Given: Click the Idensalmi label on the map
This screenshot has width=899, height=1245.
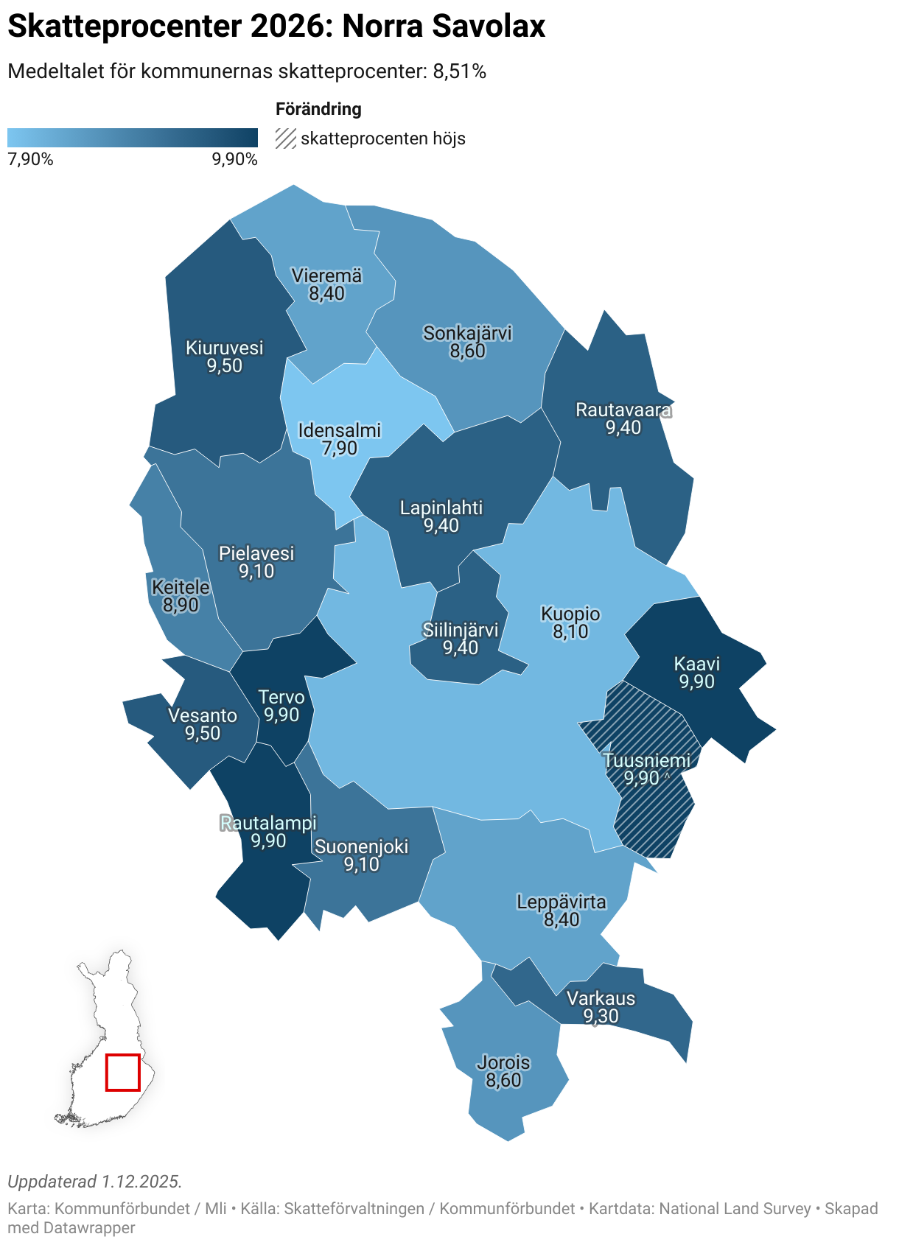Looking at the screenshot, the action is click(x=339, y=430).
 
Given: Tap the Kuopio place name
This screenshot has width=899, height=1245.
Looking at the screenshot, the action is click(x=570, y=614).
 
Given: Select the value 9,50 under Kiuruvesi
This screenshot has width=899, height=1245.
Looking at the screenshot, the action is click(x=224, y=366).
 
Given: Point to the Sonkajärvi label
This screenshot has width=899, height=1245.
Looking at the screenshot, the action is click(x=467, y=333).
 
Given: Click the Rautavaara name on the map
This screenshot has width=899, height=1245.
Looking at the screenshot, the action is click(x=623, y=410).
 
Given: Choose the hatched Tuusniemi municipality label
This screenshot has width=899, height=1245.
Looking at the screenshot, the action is click(x=647, y=760).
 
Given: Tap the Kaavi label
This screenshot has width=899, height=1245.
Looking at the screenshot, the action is click(x=696, y=664).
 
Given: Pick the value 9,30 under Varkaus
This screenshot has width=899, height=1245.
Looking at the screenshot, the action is click(x=601, y=1017).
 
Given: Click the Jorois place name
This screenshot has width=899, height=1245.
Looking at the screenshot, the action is click(x=503, y=1062).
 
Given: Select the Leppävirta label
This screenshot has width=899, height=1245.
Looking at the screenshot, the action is click(x=562, y=902).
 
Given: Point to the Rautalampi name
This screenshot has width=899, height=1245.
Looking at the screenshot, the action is click(x=268, y=823).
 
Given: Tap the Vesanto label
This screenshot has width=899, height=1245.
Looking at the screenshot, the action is click(x=203, y=715).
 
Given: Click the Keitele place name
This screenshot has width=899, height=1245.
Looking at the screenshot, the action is click(x=181, y=587).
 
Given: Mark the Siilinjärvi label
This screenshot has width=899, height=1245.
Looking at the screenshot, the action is click(x=461, y=630).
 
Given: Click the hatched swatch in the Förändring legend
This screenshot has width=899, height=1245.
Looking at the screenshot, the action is click(x=286, y=138).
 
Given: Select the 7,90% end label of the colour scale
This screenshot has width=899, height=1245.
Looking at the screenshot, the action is click(x=30, y=159).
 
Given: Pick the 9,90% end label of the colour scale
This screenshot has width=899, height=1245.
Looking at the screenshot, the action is click(x=234, y=159).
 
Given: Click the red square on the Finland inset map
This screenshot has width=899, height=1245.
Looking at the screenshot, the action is click(x=122, y=1073).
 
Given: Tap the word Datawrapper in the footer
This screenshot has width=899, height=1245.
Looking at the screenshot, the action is click(x=90, y=1228).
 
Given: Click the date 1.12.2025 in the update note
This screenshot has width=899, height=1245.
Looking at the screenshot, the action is click(x=141, y=1182).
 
